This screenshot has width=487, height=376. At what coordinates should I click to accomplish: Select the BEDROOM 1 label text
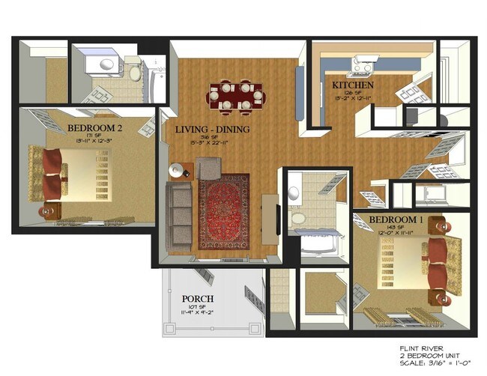coord(396,219)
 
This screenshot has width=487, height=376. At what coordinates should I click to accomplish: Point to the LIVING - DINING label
coord(212,129)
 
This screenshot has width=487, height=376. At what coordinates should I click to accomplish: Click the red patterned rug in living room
coord(223,211)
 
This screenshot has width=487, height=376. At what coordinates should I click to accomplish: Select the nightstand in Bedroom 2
coord(50,210)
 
